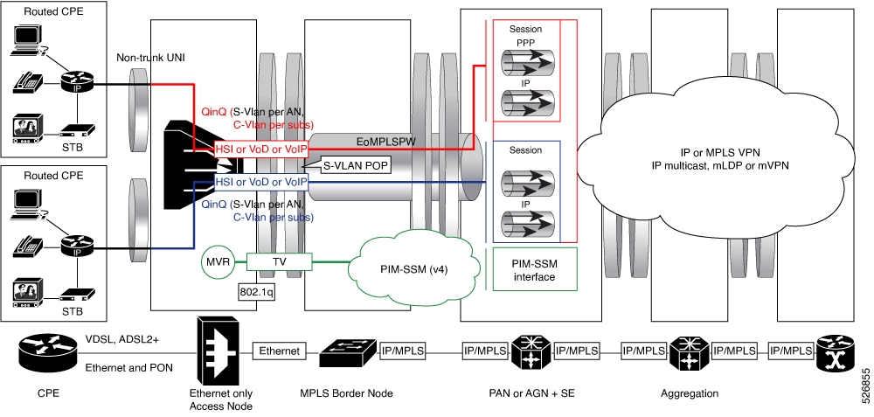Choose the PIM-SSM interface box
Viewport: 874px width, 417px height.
[524, 269]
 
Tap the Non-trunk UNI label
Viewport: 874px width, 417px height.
[150, 58]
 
